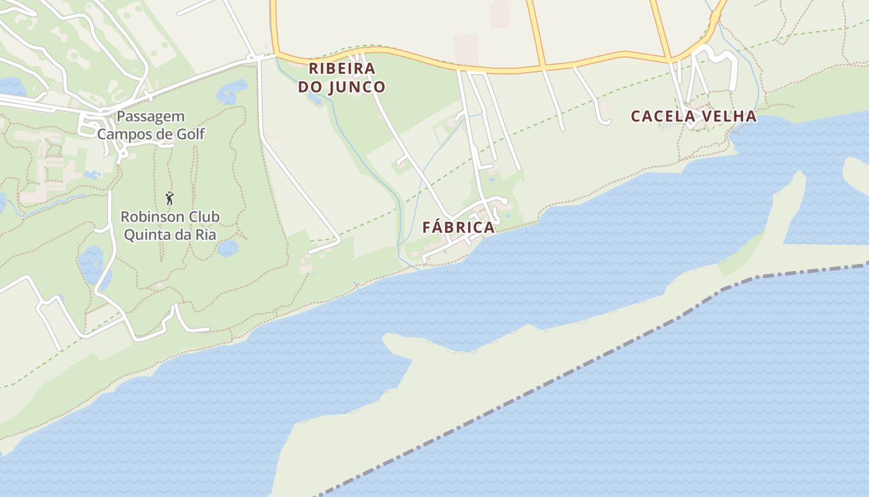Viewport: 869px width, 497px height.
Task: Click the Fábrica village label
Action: tap(459, 227)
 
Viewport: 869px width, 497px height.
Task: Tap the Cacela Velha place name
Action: tap(693, 116)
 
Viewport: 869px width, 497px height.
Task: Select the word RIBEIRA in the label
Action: tap(342, 68)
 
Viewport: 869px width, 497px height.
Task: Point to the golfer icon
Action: tap(169, 198)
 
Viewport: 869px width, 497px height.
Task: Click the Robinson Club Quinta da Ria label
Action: tap(169, 226)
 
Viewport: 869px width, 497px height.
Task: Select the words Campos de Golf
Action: tap(151, 134)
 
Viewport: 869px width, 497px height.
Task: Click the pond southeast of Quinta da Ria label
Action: tap(228, 248)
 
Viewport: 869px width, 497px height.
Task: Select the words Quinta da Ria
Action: tap(169, 234)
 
